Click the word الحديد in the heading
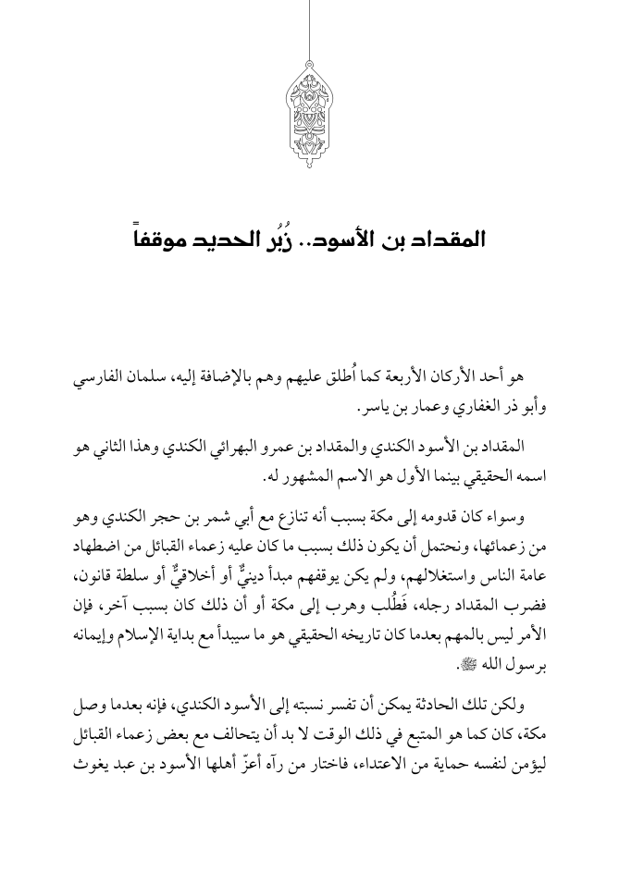pyautogui.click(x=230, y=240)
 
